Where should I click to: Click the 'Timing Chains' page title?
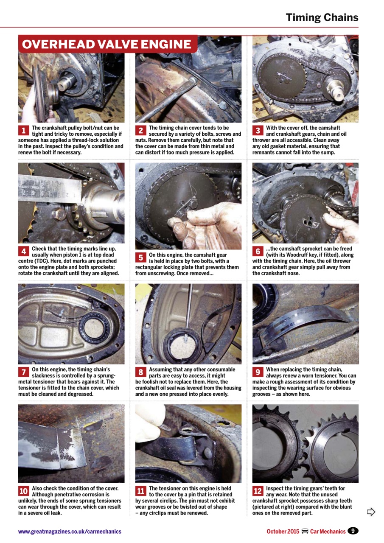tap(322, 17)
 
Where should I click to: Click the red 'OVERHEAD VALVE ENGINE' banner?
tap(107, 45)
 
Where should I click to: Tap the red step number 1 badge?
tap(23, 130)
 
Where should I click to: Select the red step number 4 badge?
tap(23, 251)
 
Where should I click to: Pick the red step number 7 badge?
tap(23, 372)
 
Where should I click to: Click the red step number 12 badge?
tap(258, 491)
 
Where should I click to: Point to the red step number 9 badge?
tap(258, 372)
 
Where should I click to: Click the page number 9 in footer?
tap(353, 531)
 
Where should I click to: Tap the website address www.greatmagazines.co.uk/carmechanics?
tap(70, 531)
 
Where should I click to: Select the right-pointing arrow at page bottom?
tap(371, 512)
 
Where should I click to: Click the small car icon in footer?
tap(304, 531)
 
